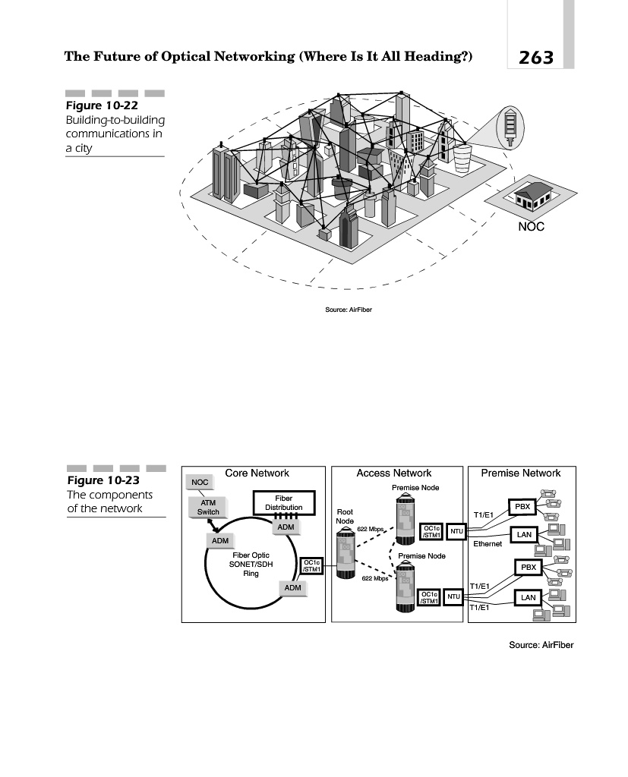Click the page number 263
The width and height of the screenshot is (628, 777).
coord(535,58)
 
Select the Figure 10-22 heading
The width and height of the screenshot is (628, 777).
coord(102,105)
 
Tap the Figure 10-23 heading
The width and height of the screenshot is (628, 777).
coord(103,480)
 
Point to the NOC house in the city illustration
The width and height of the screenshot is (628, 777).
coord(532,195)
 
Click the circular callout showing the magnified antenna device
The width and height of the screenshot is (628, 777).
coord(510,127)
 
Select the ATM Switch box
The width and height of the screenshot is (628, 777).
coord(208,508)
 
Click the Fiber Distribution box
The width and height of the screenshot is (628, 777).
coord(284,503)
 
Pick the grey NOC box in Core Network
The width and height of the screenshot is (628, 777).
coord(200,482)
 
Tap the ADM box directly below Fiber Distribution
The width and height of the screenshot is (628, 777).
coord(286,527)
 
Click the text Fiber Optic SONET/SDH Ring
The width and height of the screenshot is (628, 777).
coord(251,565)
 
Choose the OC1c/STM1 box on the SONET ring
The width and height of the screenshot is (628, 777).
coord(312,566)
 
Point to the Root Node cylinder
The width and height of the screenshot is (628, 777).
coord(346,553)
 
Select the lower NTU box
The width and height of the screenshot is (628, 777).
coord(453,596)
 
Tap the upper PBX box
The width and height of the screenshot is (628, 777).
coord(522,507)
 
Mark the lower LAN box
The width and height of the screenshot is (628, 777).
coord(528,598)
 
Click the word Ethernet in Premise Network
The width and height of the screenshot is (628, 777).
coord(488,544)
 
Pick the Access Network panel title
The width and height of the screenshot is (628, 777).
coord(394,473)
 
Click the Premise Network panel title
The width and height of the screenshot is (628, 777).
coord(521,473)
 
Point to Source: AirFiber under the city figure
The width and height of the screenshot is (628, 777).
coord(349,310)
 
